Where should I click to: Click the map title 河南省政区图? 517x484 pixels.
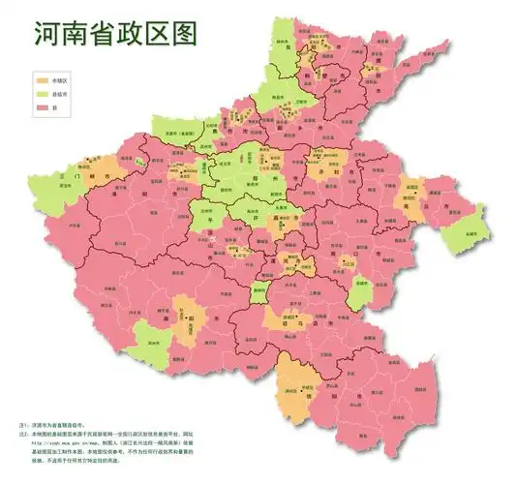pyautogui.click(x=115, y=35)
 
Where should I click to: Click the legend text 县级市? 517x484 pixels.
pyautogui.click(x=64, y=94)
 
